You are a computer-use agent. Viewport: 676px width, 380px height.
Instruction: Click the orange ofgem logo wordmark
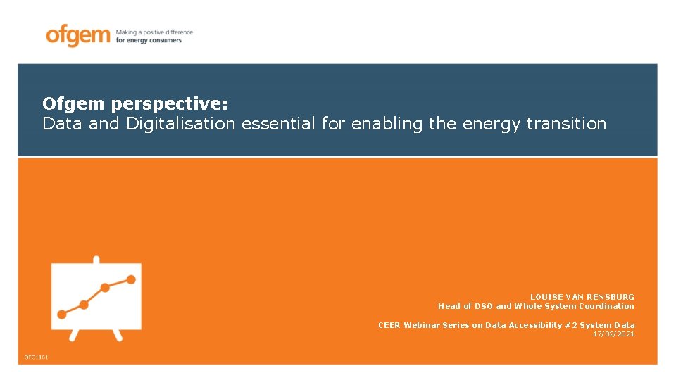click(x=77, y=35)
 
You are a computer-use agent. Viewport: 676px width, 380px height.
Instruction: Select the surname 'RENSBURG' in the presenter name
click(x=611, y=297)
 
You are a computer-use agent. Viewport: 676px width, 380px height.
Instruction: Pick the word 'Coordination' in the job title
click(x=608, y=306)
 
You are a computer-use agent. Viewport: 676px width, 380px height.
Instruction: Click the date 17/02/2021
click(x=613, y=334)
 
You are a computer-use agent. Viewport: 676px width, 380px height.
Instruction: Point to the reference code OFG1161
click(x=36, y=357)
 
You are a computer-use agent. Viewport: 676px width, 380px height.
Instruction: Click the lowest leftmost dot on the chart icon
click(x=62, y=315)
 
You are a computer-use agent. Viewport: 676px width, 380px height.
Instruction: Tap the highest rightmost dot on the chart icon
click(x=131, y=279)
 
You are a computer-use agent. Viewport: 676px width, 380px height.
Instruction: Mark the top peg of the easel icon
click(x=96, y=260)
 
